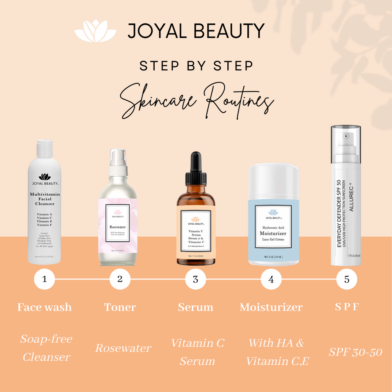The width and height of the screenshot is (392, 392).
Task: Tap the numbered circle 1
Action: tap(44, 279)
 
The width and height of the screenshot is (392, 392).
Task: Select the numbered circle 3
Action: tap(196, 279)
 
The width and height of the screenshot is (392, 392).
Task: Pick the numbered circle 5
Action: tap(346, 279)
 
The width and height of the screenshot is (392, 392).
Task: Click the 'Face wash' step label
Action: tap(44, 307)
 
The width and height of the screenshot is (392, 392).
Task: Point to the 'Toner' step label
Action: tap(120, 307)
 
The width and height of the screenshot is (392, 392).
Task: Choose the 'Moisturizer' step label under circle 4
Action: tap(271, 307)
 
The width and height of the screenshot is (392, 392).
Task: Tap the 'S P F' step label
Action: tap(346, 307)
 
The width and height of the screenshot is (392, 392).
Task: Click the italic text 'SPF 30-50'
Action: tap(355, 352)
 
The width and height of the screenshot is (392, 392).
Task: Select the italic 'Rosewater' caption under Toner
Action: tap(123, 348)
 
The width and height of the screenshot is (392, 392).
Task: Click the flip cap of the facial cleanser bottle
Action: tap(45, 149)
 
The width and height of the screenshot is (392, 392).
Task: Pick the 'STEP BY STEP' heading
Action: tap(196, 66)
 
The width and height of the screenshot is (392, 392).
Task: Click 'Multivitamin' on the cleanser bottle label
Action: tap(45, 194)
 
